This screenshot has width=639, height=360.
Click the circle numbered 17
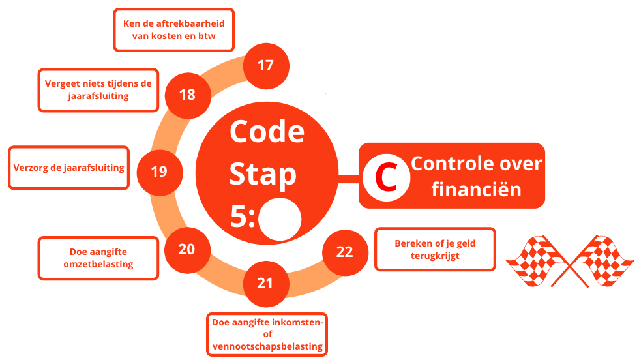click(265, 66)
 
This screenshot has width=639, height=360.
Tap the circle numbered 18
click(187, 95)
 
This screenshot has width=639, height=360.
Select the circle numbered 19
click(158, 172)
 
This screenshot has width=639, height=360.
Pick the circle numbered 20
click(187, 249)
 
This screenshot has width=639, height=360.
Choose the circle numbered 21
click(265, 283)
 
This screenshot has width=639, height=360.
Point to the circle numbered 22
click(345, 252)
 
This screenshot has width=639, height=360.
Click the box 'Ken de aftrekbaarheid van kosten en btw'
click(173, 30)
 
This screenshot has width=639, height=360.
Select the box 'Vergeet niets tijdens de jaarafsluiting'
click(98, 90)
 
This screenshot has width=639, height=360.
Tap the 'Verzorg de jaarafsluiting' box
click(68, 168)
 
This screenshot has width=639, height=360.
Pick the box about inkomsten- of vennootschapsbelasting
click(267, 335)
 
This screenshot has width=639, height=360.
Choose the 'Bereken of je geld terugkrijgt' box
click(436, 250)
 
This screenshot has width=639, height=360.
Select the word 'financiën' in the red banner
click(477, 189)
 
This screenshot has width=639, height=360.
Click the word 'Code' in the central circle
click(267, 131)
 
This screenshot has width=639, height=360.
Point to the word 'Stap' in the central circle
click(263, 174)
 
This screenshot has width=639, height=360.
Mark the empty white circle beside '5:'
click(280, 218)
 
